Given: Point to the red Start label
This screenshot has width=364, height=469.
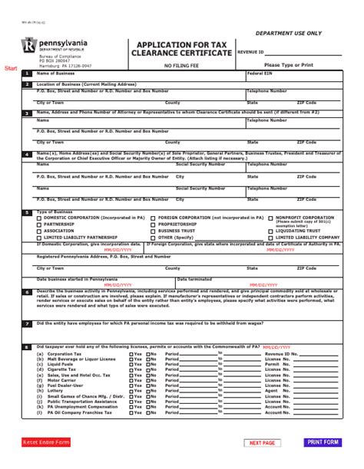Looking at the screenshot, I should [11, 68].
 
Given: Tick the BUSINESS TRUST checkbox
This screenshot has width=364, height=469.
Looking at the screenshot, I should [154, 231].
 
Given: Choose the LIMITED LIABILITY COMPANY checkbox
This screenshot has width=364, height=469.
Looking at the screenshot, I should [270, 238].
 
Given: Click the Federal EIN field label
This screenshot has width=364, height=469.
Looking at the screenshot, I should [258, 74].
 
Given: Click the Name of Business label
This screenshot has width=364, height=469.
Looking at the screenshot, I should [55, 74].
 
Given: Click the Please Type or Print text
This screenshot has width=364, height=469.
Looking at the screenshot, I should [289, 66].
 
